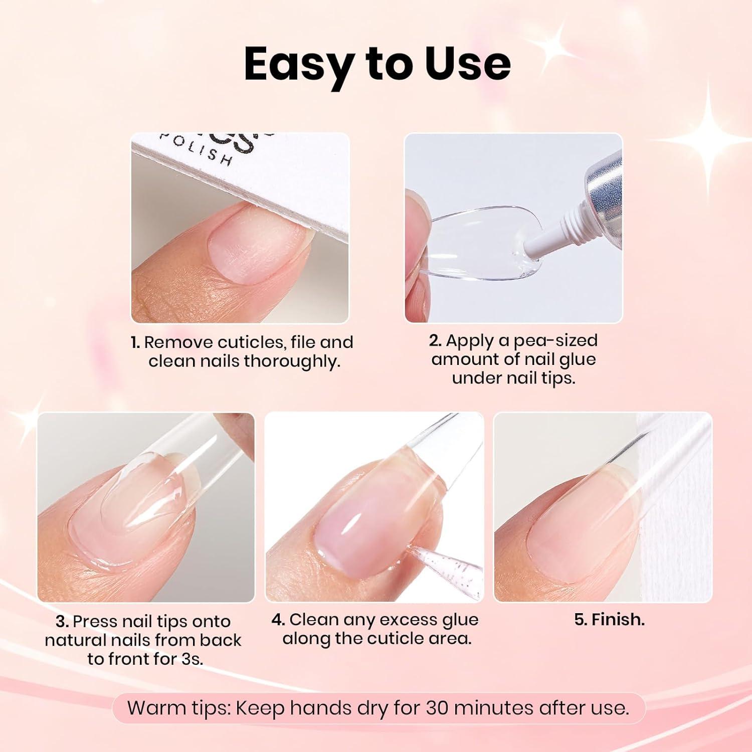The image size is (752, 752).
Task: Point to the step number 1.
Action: point(135,342)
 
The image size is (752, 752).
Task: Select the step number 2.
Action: point(435,340)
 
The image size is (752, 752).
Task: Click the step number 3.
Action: point(62,622)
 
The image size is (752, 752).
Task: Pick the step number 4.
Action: point(278,620)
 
